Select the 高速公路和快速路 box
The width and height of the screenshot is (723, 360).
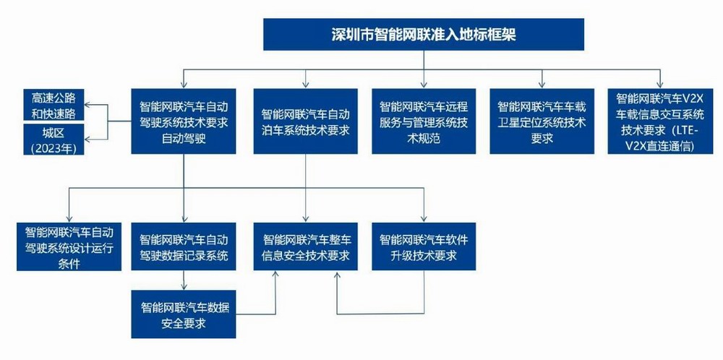[54, 105]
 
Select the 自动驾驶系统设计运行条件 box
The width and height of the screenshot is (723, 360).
[69, 247]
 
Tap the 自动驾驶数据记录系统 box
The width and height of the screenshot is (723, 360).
[184, 247]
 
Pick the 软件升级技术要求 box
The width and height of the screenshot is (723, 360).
[424, 247]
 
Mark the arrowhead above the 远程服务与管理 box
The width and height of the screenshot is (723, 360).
[424, 83]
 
